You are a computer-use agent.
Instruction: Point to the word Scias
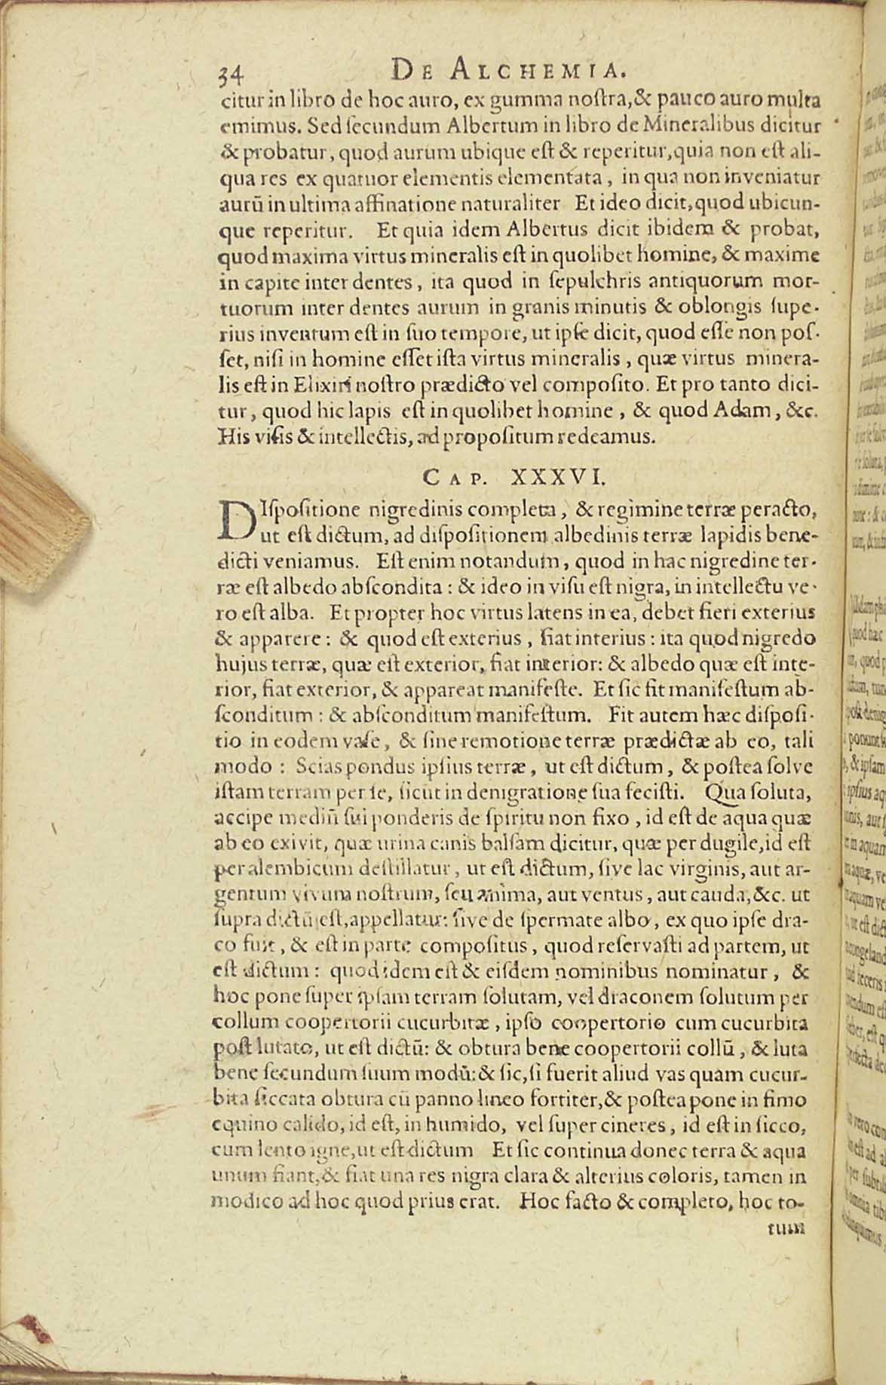[317, 767]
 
